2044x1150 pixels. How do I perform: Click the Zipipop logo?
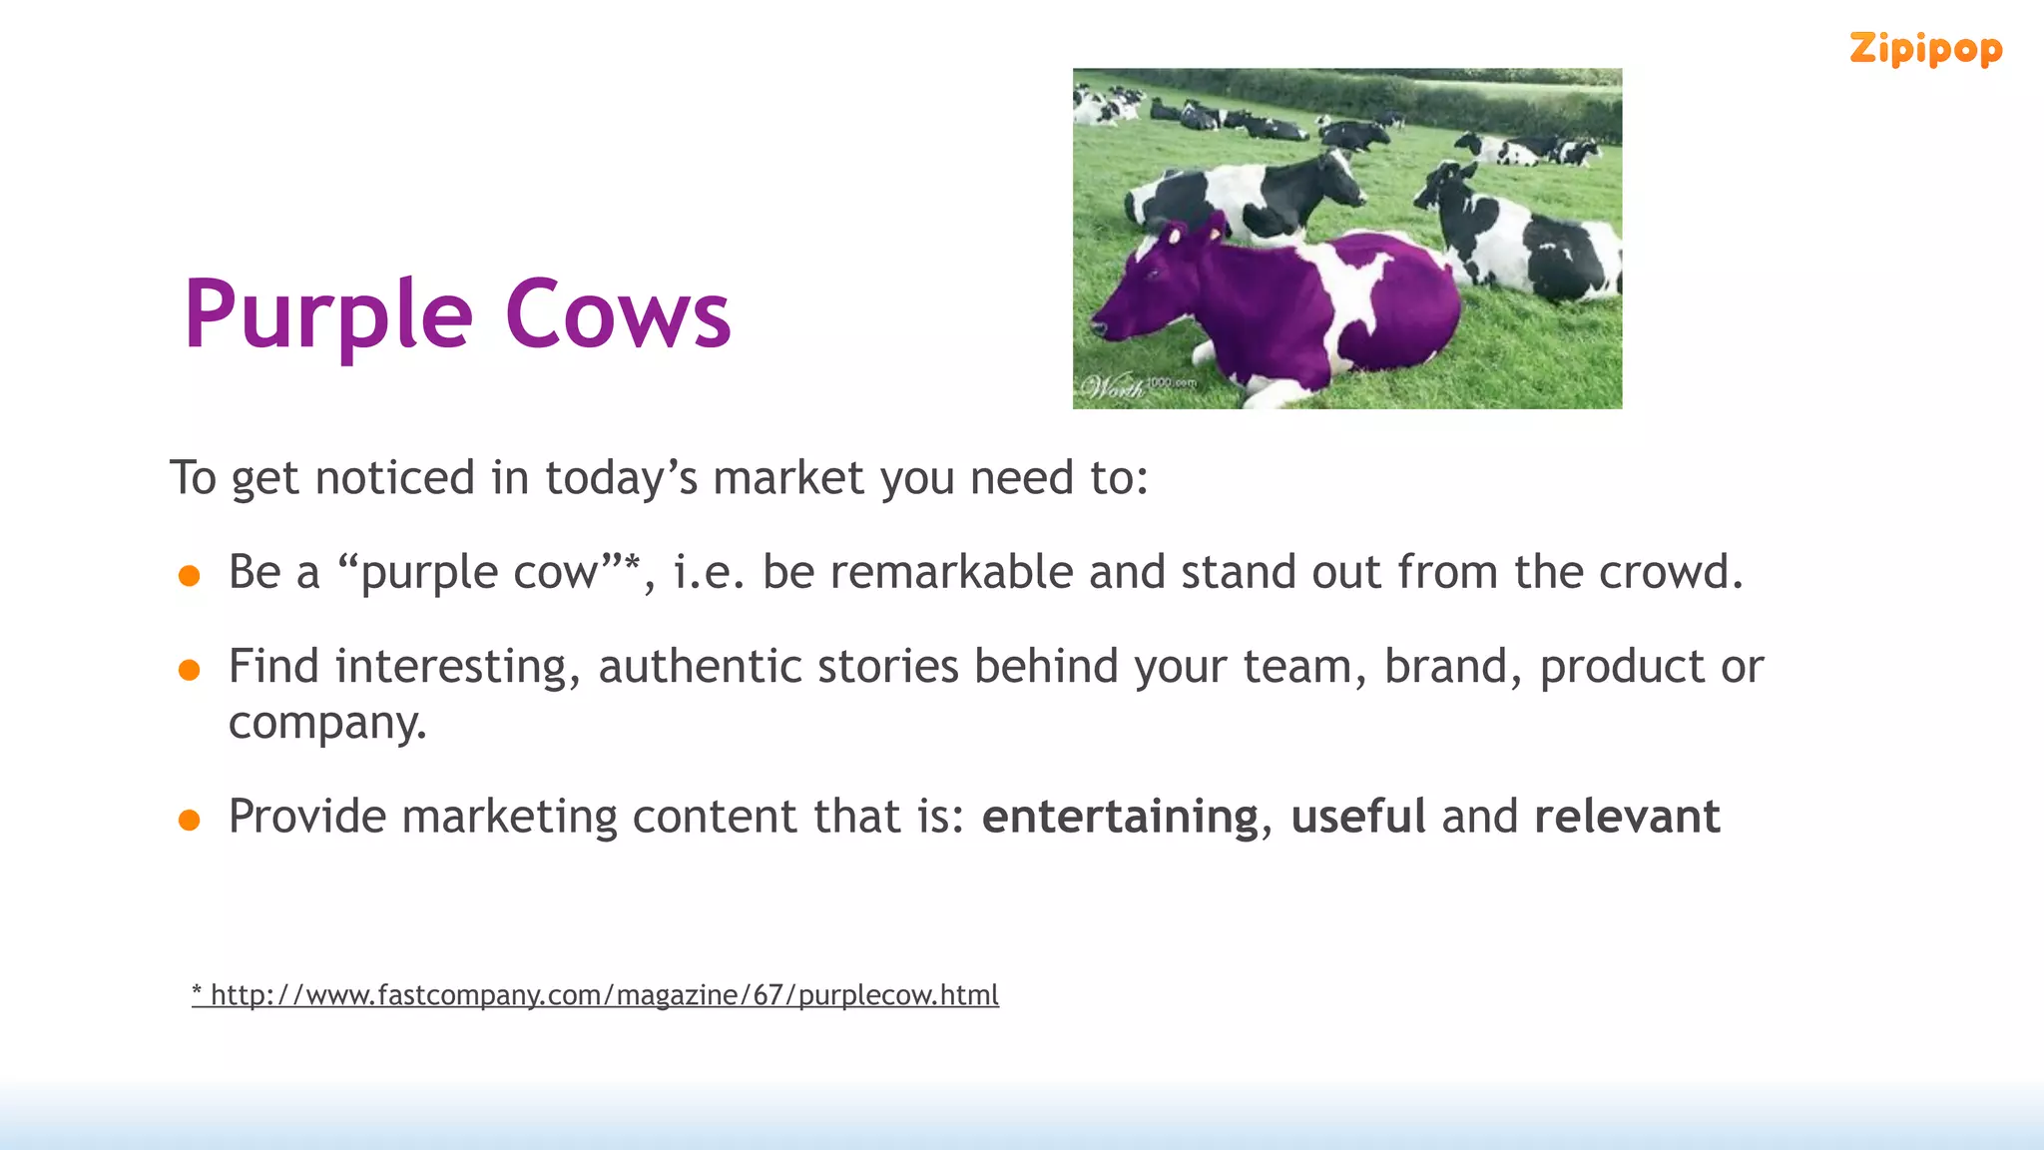point(1925,49)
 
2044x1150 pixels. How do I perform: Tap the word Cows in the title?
point(618,315)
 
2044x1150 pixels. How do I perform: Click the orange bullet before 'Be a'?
point(189,576)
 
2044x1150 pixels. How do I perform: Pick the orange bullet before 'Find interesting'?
point(189,670)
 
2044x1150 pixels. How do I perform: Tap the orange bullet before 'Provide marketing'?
point(189,821)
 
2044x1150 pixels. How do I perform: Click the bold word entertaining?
point(1120,818)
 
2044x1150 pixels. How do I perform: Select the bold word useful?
point(1357,817)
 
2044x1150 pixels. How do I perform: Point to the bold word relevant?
point(1627,817)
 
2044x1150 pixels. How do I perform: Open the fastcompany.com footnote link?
point(596,995)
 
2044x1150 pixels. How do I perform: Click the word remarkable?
point(951,573)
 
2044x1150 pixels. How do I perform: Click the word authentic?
point(700,667)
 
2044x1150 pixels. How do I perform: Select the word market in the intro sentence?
point(787,478)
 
